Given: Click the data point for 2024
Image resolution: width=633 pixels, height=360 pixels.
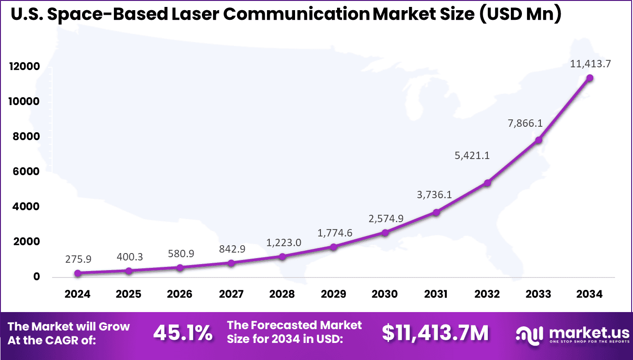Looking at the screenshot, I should [78, 273].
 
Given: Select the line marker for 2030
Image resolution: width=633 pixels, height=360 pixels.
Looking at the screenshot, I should [385, 232].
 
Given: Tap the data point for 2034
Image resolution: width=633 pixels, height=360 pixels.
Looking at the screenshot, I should [589, 77].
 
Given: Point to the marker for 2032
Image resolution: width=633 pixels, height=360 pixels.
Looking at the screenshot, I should [487, 183].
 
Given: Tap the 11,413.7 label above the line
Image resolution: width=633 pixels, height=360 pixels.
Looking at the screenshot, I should [591, 64].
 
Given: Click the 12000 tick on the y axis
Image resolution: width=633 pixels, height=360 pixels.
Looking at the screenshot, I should [24, 67].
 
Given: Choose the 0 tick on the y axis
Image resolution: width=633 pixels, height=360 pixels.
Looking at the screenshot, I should [35, 277].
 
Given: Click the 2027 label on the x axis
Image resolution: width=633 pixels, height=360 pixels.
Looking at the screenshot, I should [231, 294].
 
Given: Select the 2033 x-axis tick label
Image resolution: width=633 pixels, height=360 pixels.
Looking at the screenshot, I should [538, 294].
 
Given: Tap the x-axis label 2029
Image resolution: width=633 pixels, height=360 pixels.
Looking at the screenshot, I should [333, 294].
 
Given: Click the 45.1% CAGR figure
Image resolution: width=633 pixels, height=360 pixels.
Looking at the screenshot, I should [183, 333].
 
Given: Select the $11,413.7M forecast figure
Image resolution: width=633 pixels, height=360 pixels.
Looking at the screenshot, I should [435, 333].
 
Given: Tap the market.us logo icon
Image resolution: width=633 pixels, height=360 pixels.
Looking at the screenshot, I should [528, 333].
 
